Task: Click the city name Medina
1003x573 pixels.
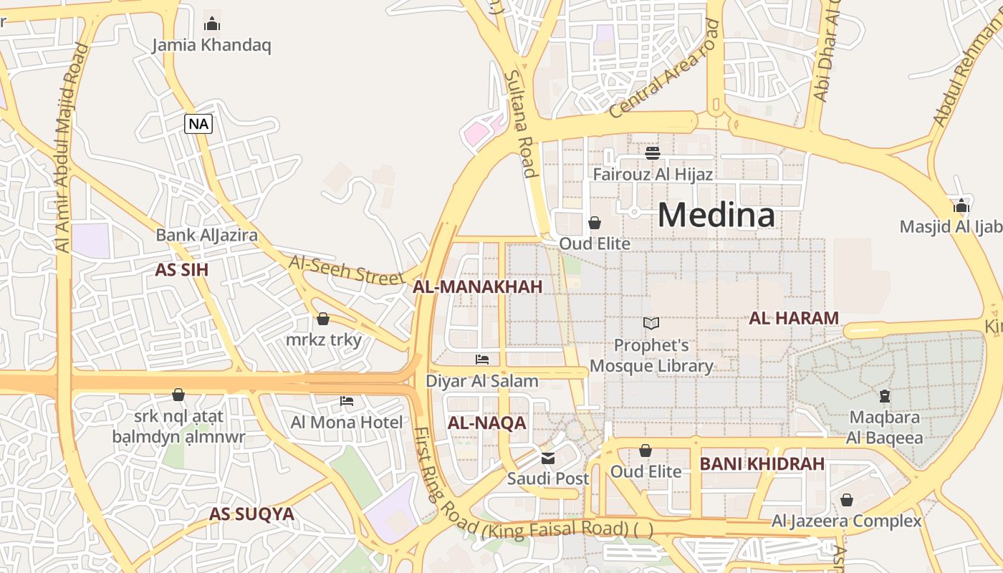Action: (x=716, y=215)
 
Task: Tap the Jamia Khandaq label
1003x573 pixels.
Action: (x=211, y=46)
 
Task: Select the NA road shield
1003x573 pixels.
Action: (x=198, y=124)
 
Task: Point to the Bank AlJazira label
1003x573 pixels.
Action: (x=206, y=235)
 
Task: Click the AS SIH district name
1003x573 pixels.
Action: (x=181, y=270)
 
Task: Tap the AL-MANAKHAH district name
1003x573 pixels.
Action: (x=477, y=287)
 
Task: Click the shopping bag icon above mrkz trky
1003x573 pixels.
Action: (x=323, y=319)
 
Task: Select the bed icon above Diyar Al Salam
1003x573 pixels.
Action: (x=482, y=360)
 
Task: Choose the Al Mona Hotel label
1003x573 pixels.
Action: (x=347, y=423)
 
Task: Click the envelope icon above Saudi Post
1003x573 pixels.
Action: (x=548, y=458)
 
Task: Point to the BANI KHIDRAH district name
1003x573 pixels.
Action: (x=762, y=464)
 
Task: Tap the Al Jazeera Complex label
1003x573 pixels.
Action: (x=846, y=521)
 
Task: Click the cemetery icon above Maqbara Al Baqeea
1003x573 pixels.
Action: (x=884, y=395)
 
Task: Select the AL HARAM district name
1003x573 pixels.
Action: (x=793, y=319)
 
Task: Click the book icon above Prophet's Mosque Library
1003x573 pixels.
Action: (x=651, y=324)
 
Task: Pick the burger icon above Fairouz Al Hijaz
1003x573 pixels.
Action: (x=652, y=153)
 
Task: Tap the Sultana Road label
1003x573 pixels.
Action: (x=520, y=123)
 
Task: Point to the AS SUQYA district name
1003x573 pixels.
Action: (x=251, y=514)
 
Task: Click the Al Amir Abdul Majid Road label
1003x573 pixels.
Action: (x=72, y=147)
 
